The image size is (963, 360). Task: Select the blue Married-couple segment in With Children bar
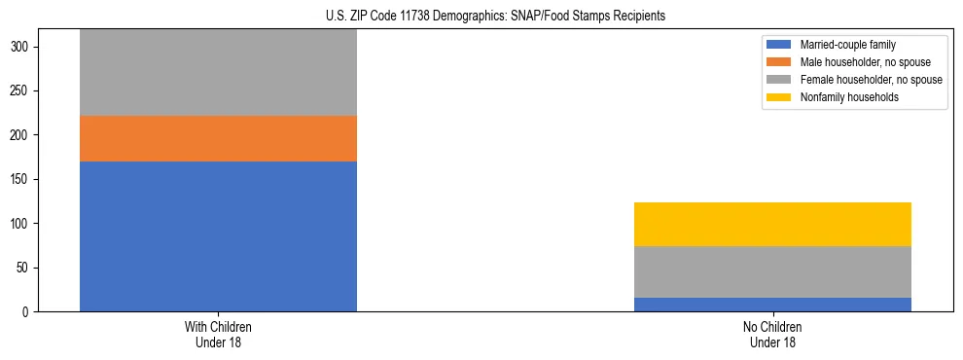point(218,236)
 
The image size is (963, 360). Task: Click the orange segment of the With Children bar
point(218,138)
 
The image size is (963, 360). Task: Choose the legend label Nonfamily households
point(842,97)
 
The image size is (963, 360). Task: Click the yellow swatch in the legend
point(779,97)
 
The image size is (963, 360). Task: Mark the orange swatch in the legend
point(779,62)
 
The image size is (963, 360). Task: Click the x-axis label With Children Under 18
point(218,335)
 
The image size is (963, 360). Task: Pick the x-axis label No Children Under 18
point(772,335)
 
